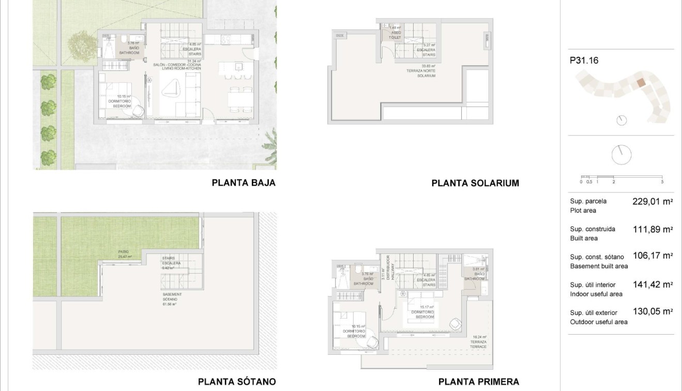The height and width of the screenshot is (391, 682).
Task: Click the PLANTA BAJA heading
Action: (x=244, y=183)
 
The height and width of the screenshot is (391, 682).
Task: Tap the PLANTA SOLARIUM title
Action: (x=475, y=183)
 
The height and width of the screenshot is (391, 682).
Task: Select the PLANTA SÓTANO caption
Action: (x=237, y=382)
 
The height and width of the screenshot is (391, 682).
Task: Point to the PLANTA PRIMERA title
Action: (x=478, y=382)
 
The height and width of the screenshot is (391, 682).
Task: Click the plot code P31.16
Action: (x=584, y=61)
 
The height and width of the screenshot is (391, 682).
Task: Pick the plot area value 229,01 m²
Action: (x=652, y=202)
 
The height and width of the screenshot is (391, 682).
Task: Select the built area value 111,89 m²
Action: (x=652, y=230)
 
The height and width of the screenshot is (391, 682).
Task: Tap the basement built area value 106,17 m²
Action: (x=652, y=255)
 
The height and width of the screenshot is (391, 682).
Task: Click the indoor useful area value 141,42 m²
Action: (x=652, y=284)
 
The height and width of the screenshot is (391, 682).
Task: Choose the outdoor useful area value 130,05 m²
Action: (x=652, y=311)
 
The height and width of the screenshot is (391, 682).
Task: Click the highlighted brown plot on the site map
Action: (x=641, y=83)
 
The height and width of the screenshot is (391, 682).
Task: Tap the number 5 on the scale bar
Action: (x=662, y=182)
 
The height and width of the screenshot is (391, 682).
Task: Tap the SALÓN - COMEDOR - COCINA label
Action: (x=177, y=66)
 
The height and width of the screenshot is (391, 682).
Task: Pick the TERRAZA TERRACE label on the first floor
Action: (x=478, y=343)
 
